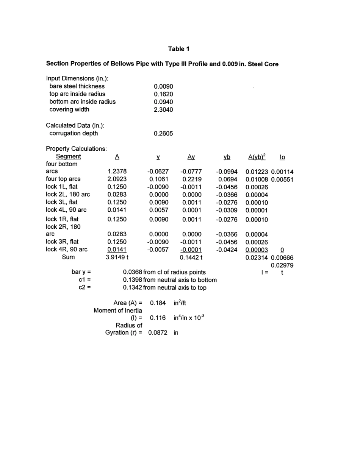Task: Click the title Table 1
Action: [179, 49]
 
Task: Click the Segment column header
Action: [68, 156]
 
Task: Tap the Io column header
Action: [282, 156]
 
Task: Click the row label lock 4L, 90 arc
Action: [67, 210]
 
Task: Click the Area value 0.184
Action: [158, 303]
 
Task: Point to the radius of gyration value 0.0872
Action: [158, 332]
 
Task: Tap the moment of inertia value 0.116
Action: [158, 318]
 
